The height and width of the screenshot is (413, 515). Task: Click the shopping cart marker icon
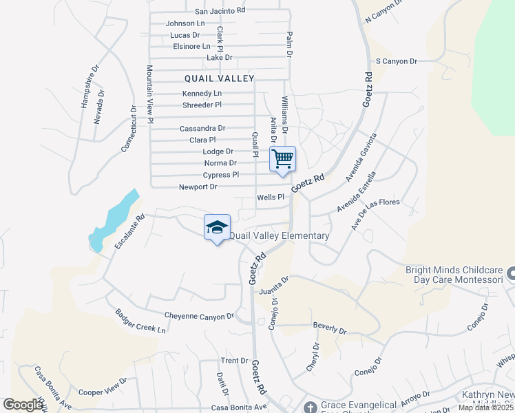pyautogui.click(x=283, y=159)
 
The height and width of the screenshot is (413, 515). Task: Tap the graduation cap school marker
pyautogui.click(x=217, y=227)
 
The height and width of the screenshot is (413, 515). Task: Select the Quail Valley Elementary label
pyautogui.click(x=279, y=236)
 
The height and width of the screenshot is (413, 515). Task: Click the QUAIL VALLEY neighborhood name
pyautogui.click(x=219, y=78)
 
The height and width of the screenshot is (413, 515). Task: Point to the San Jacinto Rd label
pyautogui.click(x=220, y=11)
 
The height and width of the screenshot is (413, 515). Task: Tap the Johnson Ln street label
pyautogui.click(x=185, y=23)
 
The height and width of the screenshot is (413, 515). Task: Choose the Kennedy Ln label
pyautogui.click(x=202, y=94)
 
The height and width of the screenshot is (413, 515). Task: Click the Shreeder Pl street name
pyautogui.click(x=202, y=105)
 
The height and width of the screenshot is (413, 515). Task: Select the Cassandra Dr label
pyautogui.click(x=202, y=129)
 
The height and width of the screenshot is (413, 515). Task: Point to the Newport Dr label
pyautogui.click(x=198, y=187)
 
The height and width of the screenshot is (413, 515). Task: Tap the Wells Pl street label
pyautogui.click(x=271, y=198)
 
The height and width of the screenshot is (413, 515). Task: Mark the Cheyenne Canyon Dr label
pyautogui.click(x=200, y=317)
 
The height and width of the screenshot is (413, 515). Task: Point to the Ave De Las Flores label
pyautogui.click(x=375, y=215)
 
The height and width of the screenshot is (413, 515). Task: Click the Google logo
pyautogui.click(x=23, y=405)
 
